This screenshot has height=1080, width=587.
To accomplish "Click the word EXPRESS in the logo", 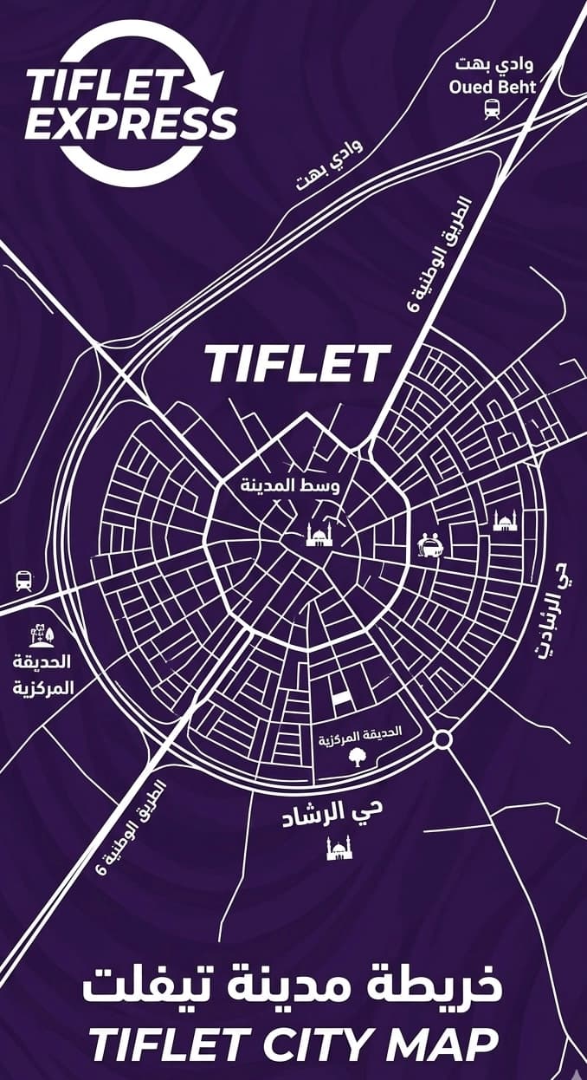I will pos(130,124).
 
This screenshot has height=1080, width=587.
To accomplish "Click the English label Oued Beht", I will pos(492,87).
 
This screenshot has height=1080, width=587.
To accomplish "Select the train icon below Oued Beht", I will pos(492,108).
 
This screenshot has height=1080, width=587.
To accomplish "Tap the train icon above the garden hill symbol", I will pos(23,581).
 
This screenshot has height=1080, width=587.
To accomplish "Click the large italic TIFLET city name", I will pos(297,364).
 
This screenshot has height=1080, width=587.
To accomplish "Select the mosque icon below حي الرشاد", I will pos(339,848).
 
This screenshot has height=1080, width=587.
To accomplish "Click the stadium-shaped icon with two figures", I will pos(430,543).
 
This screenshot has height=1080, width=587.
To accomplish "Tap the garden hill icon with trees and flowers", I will pos(41,637).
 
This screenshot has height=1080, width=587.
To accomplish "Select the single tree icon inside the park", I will pos(356,758).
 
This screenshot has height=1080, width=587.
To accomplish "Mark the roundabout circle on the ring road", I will pos(442,739).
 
